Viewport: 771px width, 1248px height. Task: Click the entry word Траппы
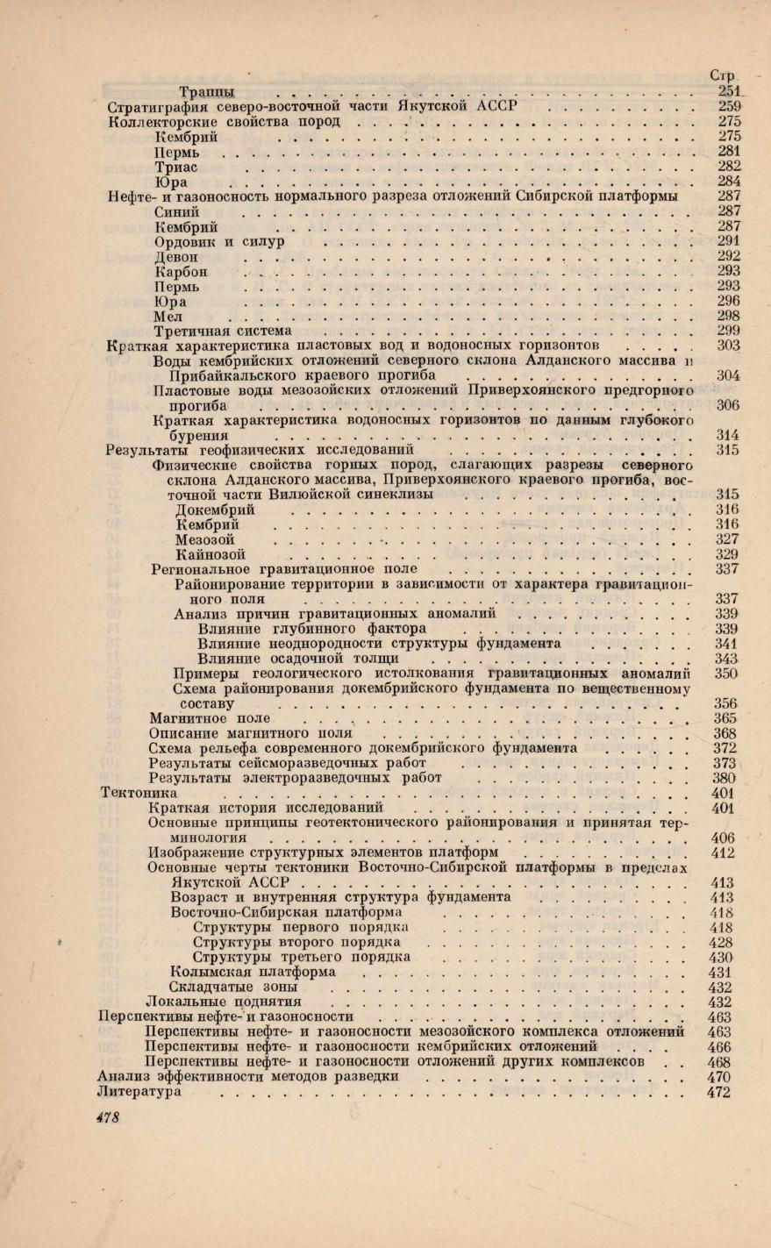(x=206, y=91)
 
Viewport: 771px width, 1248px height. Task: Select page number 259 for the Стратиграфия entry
(x=729, y=106)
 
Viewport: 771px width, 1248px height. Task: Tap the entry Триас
(x=176, y=167)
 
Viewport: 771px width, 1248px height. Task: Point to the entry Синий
(x=176, y=212)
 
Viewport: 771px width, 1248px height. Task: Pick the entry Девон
(x=176, y=258)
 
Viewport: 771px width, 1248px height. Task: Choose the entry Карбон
(x=181, y=272)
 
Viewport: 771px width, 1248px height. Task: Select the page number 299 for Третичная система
(x=729, y=331)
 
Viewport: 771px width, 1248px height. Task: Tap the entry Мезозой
(x=204, y=539)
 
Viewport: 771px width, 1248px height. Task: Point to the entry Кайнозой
(x=211, y=554)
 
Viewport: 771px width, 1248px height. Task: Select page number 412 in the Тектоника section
(x=724, y=852)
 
